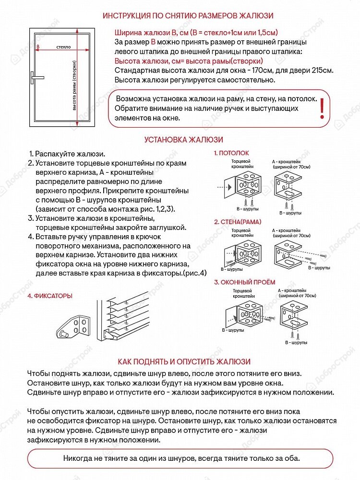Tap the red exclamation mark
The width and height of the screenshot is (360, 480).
pos(322,108)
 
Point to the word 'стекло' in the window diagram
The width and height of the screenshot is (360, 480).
pos(63,47)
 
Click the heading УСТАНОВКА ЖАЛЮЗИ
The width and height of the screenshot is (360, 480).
pos(184,140)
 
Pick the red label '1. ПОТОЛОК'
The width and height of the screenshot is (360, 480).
pos(232,153)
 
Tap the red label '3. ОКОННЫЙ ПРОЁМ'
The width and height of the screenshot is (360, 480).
pos(245,282)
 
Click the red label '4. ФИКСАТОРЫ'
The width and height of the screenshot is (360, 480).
pos(50,296)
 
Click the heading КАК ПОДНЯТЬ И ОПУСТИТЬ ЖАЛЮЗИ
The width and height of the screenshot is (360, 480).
pos(184,361)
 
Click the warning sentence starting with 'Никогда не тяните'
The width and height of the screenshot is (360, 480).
pos(181,458)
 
